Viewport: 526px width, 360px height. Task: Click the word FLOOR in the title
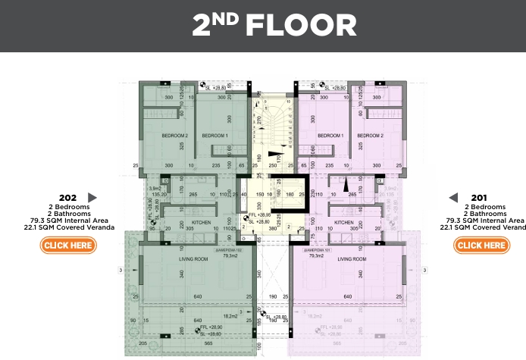(x=300, y=25)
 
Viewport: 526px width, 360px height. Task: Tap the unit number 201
(x=477, y=198)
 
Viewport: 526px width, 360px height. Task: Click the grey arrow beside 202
(x=92, y=198)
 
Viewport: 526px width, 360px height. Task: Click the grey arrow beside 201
(x=453, y=198)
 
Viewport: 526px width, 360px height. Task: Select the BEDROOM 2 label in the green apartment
(x=174, y=136)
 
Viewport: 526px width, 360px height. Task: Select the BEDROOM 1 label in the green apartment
(x=214, y=136)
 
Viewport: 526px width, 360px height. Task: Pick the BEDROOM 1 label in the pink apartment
(x=330, y=136)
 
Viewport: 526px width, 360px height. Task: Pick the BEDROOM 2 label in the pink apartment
(x=370, y=136)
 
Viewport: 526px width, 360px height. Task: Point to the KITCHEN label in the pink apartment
(x=343, y=222)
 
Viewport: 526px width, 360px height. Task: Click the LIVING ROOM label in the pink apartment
(x=352, y=259)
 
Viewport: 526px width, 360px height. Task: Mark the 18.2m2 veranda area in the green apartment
(x=230, y=316)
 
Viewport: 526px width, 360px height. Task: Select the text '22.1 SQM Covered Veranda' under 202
(x=69, y=227)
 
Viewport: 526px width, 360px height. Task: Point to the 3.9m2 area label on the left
(x=156, y=189)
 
